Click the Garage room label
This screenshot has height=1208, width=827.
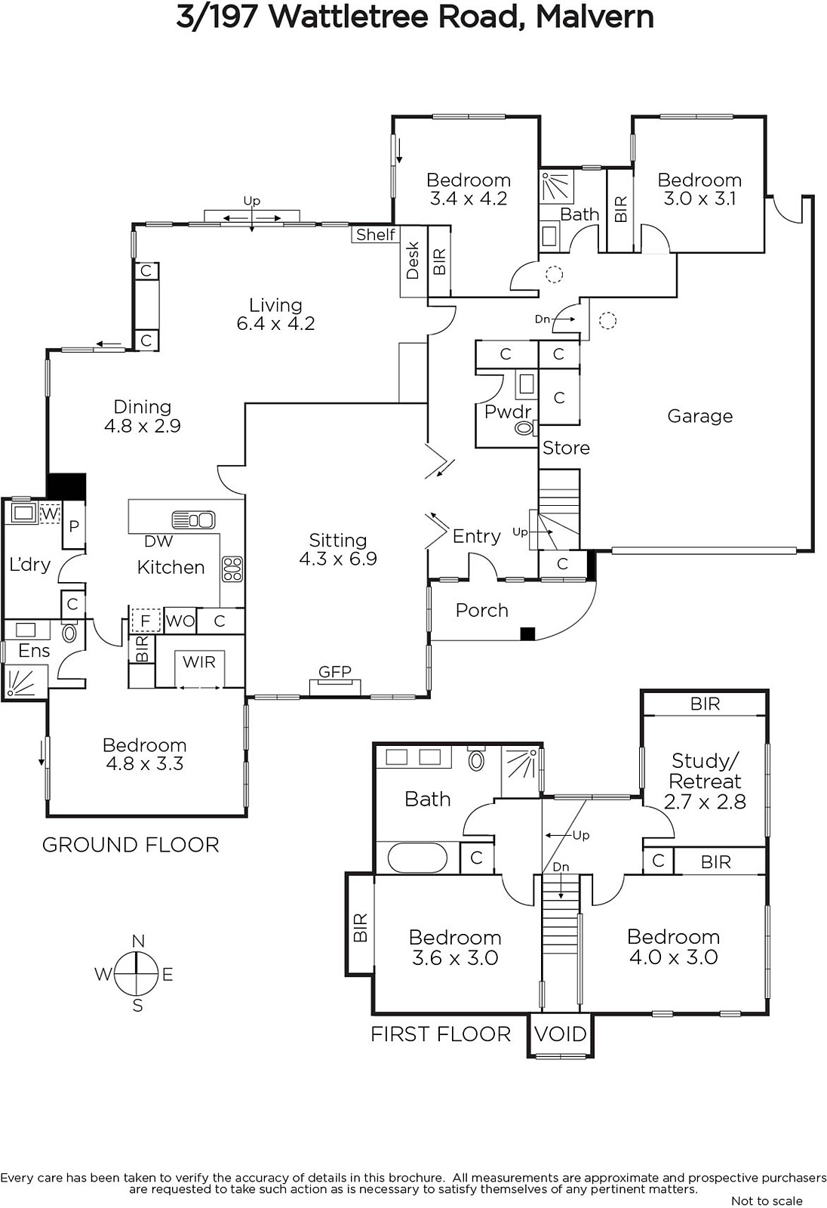point(699,416)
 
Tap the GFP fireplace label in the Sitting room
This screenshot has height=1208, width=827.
point(335,671)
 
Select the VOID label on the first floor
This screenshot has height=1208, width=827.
point(561,1034)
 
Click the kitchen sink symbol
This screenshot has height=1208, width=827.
point(193,520)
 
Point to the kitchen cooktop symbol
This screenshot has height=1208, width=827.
point(232,569)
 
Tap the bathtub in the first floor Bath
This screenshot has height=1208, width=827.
point(417,858)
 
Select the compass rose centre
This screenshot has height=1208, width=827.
point(137,974)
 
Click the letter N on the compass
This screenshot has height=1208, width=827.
point(138,941)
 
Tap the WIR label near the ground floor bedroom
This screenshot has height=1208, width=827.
point(199,661)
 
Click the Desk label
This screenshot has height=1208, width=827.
point(413,260)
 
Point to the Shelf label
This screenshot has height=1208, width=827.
point(376,235)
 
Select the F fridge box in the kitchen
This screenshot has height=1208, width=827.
point(146,621)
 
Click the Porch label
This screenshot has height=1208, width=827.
point(482,611)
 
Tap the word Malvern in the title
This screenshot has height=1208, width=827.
point(595,17)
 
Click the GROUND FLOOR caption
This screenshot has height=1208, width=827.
point(131,845)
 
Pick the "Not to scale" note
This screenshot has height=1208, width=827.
point(767,1200)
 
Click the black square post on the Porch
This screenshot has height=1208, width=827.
point(527,633)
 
